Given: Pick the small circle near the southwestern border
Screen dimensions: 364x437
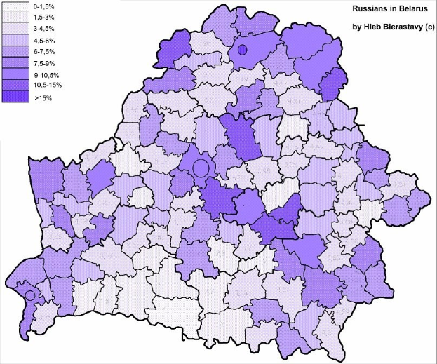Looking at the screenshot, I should pos(29,296).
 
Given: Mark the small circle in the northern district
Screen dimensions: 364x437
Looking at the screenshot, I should pos(243,50).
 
